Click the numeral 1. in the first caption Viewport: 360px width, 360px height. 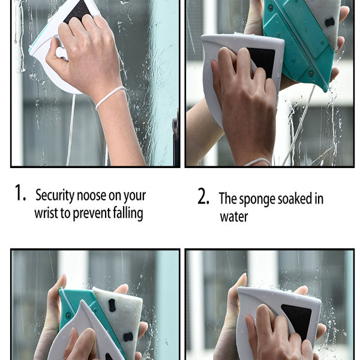[20, 193]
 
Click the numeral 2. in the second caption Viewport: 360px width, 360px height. [203, 197]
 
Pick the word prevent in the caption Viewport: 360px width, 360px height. [89, 214]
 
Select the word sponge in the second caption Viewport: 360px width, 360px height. [256, 199]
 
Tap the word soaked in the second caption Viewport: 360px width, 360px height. [294, 199]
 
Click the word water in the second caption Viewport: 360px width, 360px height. [233, 217]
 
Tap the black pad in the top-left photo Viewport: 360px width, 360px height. [77, 10]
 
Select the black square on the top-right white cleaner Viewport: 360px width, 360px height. [261, 61]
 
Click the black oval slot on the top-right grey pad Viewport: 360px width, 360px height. [329, 22]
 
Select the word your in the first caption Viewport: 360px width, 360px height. [134, 195]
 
